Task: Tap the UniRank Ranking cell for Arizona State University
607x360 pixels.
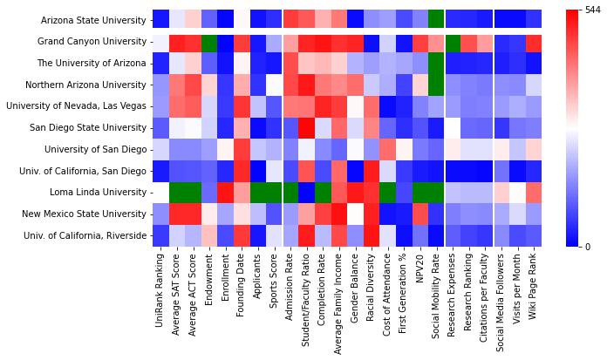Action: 160,20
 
